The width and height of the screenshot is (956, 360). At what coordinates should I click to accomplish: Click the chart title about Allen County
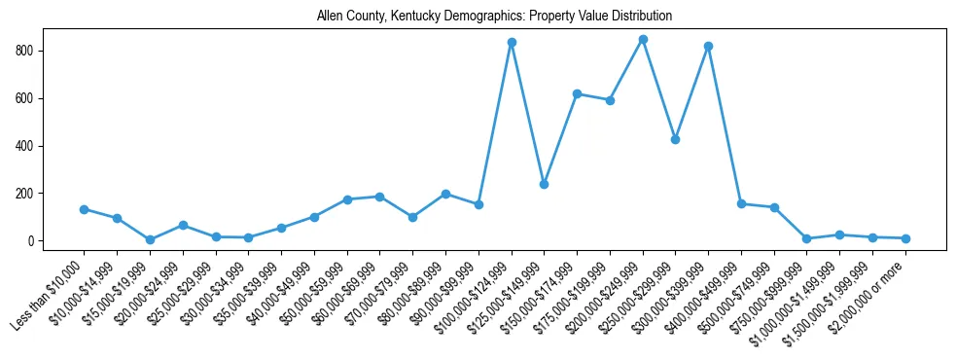pos(494,17)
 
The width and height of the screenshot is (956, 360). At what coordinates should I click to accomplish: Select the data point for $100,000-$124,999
pos(512,43)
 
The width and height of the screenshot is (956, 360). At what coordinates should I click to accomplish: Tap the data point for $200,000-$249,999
pos(643,39)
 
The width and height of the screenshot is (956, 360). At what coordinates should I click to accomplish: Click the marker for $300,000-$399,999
pos(708,46)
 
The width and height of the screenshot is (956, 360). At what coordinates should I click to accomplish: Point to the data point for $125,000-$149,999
pos(544,184)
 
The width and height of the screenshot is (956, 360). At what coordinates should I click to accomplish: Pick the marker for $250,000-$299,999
pos(675,139)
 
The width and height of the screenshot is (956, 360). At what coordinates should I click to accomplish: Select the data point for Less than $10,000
pos(84,209)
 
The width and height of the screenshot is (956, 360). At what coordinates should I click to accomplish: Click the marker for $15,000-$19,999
pos(150,239)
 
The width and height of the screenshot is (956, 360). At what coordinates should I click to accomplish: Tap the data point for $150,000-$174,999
pos(577,93)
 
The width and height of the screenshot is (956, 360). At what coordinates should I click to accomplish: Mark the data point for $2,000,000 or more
pos(905,238)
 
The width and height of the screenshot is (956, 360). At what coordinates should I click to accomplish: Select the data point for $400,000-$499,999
pos(741,204)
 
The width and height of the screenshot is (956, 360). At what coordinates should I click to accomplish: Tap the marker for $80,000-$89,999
pos(445,194)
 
